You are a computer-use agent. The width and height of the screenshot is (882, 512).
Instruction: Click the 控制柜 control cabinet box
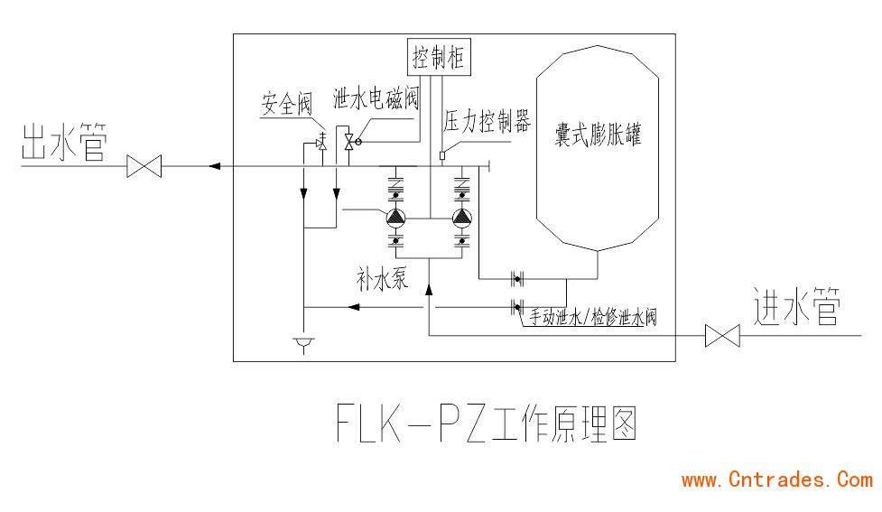point(439,59)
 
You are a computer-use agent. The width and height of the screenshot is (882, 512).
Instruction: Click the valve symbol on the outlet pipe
point(144,167)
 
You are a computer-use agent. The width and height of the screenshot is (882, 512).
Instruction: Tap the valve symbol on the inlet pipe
point(721,337)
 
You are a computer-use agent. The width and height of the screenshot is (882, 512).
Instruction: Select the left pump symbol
point(395,218)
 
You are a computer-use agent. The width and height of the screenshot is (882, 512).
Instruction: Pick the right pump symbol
point(462,218)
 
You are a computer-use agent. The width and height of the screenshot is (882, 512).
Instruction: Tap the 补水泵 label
point(382,278)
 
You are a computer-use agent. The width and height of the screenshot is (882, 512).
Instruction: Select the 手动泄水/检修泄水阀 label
point(591,317)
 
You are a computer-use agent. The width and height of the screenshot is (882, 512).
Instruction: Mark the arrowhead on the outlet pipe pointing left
point(213,166)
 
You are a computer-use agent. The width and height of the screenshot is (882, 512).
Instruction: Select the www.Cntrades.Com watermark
point(776,480)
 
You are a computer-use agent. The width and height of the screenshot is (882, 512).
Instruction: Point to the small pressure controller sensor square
point(442,155)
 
